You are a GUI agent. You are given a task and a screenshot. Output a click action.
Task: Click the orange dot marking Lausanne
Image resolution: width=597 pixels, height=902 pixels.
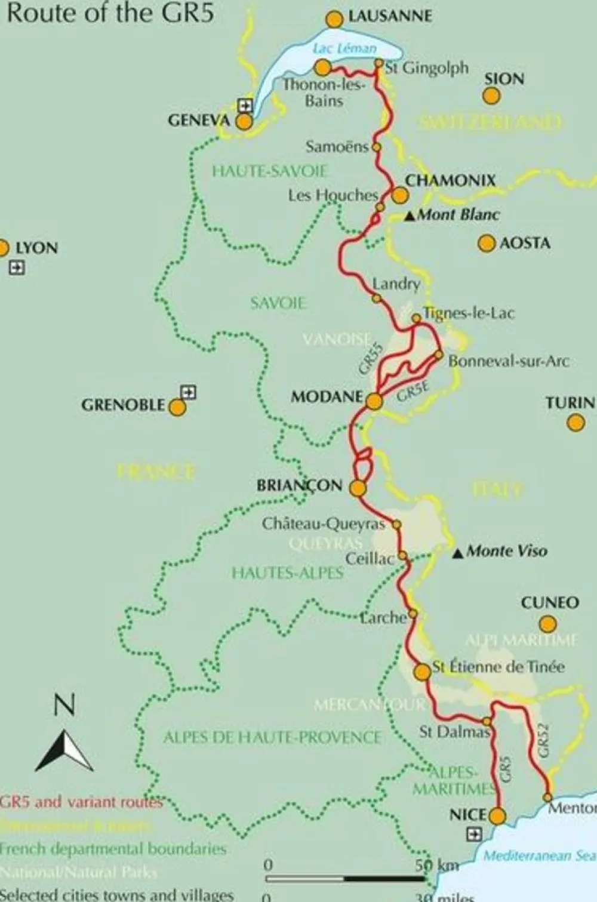(334, 19)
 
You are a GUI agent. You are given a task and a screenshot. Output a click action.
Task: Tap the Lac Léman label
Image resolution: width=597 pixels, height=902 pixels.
(344, 48)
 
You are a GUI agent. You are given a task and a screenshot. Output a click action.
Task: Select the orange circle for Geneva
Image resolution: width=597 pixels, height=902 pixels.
(244, 122)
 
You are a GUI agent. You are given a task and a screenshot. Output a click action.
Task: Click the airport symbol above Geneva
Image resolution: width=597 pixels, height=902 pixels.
(245, 105)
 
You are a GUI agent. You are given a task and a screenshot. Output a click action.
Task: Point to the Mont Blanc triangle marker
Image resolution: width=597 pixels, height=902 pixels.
(410, 216)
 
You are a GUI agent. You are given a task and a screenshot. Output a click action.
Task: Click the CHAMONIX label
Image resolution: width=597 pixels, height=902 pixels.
(451, 180)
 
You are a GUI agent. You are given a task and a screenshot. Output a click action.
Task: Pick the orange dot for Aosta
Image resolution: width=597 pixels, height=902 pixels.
(487, 243)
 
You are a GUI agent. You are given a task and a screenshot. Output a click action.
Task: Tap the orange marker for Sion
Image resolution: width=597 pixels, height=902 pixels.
(491, 96)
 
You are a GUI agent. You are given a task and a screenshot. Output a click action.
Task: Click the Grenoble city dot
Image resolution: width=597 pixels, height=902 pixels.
(177, 407)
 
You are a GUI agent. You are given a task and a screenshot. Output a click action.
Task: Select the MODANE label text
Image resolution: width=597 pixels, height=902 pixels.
(327, 397)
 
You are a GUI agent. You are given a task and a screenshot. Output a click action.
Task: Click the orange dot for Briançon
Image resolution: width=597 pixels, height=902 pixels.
(357, 488)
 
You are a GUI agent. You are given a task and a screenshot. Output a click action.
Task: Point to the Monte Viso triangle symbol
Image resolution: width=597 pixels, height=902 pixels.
(458, 553)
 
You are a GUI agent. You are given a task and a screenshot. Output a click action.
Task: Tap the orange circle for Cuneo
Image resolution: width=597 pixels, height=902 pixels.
(547, 624)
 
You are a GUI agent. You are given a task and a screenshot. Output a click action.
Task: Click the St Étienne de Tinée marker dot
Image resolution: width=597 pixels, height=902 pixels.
(422, 672)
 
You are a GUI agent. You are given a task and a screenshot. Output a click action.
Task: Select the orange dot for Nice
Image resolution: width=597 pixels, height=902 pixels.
(497, 815)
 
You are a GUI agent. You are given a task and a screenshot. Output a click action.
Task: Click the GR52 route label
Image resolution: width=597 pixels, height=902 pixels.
(543, 741)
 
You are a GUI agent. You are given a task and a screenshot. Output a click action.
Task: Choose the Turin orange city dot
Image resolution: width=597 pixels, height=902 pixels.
(576, 423)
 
